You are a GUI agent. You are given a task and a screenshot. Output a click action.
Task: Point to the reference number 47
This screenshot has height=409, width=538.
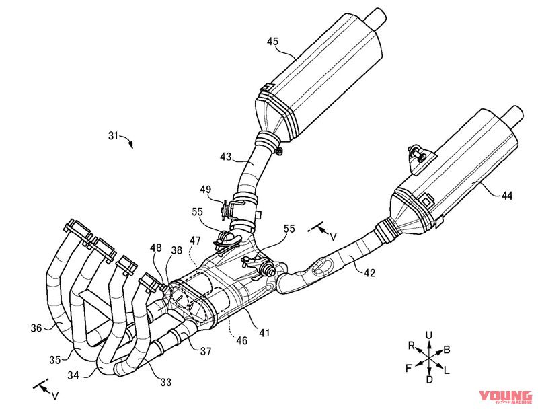(194, 240)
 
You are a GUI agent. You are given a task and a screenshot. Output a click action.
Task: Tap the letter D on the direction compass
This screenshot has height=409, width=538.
(429, 380)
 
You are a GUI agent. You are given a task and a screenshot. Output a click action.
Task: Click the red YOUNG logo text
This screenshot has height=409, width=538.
(504, 396)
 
